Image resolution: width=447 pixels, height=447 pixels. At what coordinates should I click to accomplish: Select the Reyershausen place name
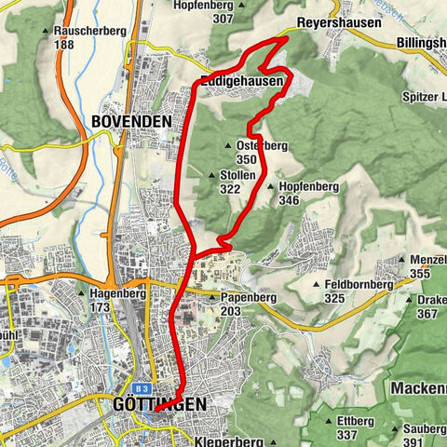[x=328, y=22]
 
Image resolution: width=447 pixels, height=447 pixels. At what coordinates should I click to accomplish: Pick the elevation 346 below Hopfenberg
[x=288, y=200]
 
